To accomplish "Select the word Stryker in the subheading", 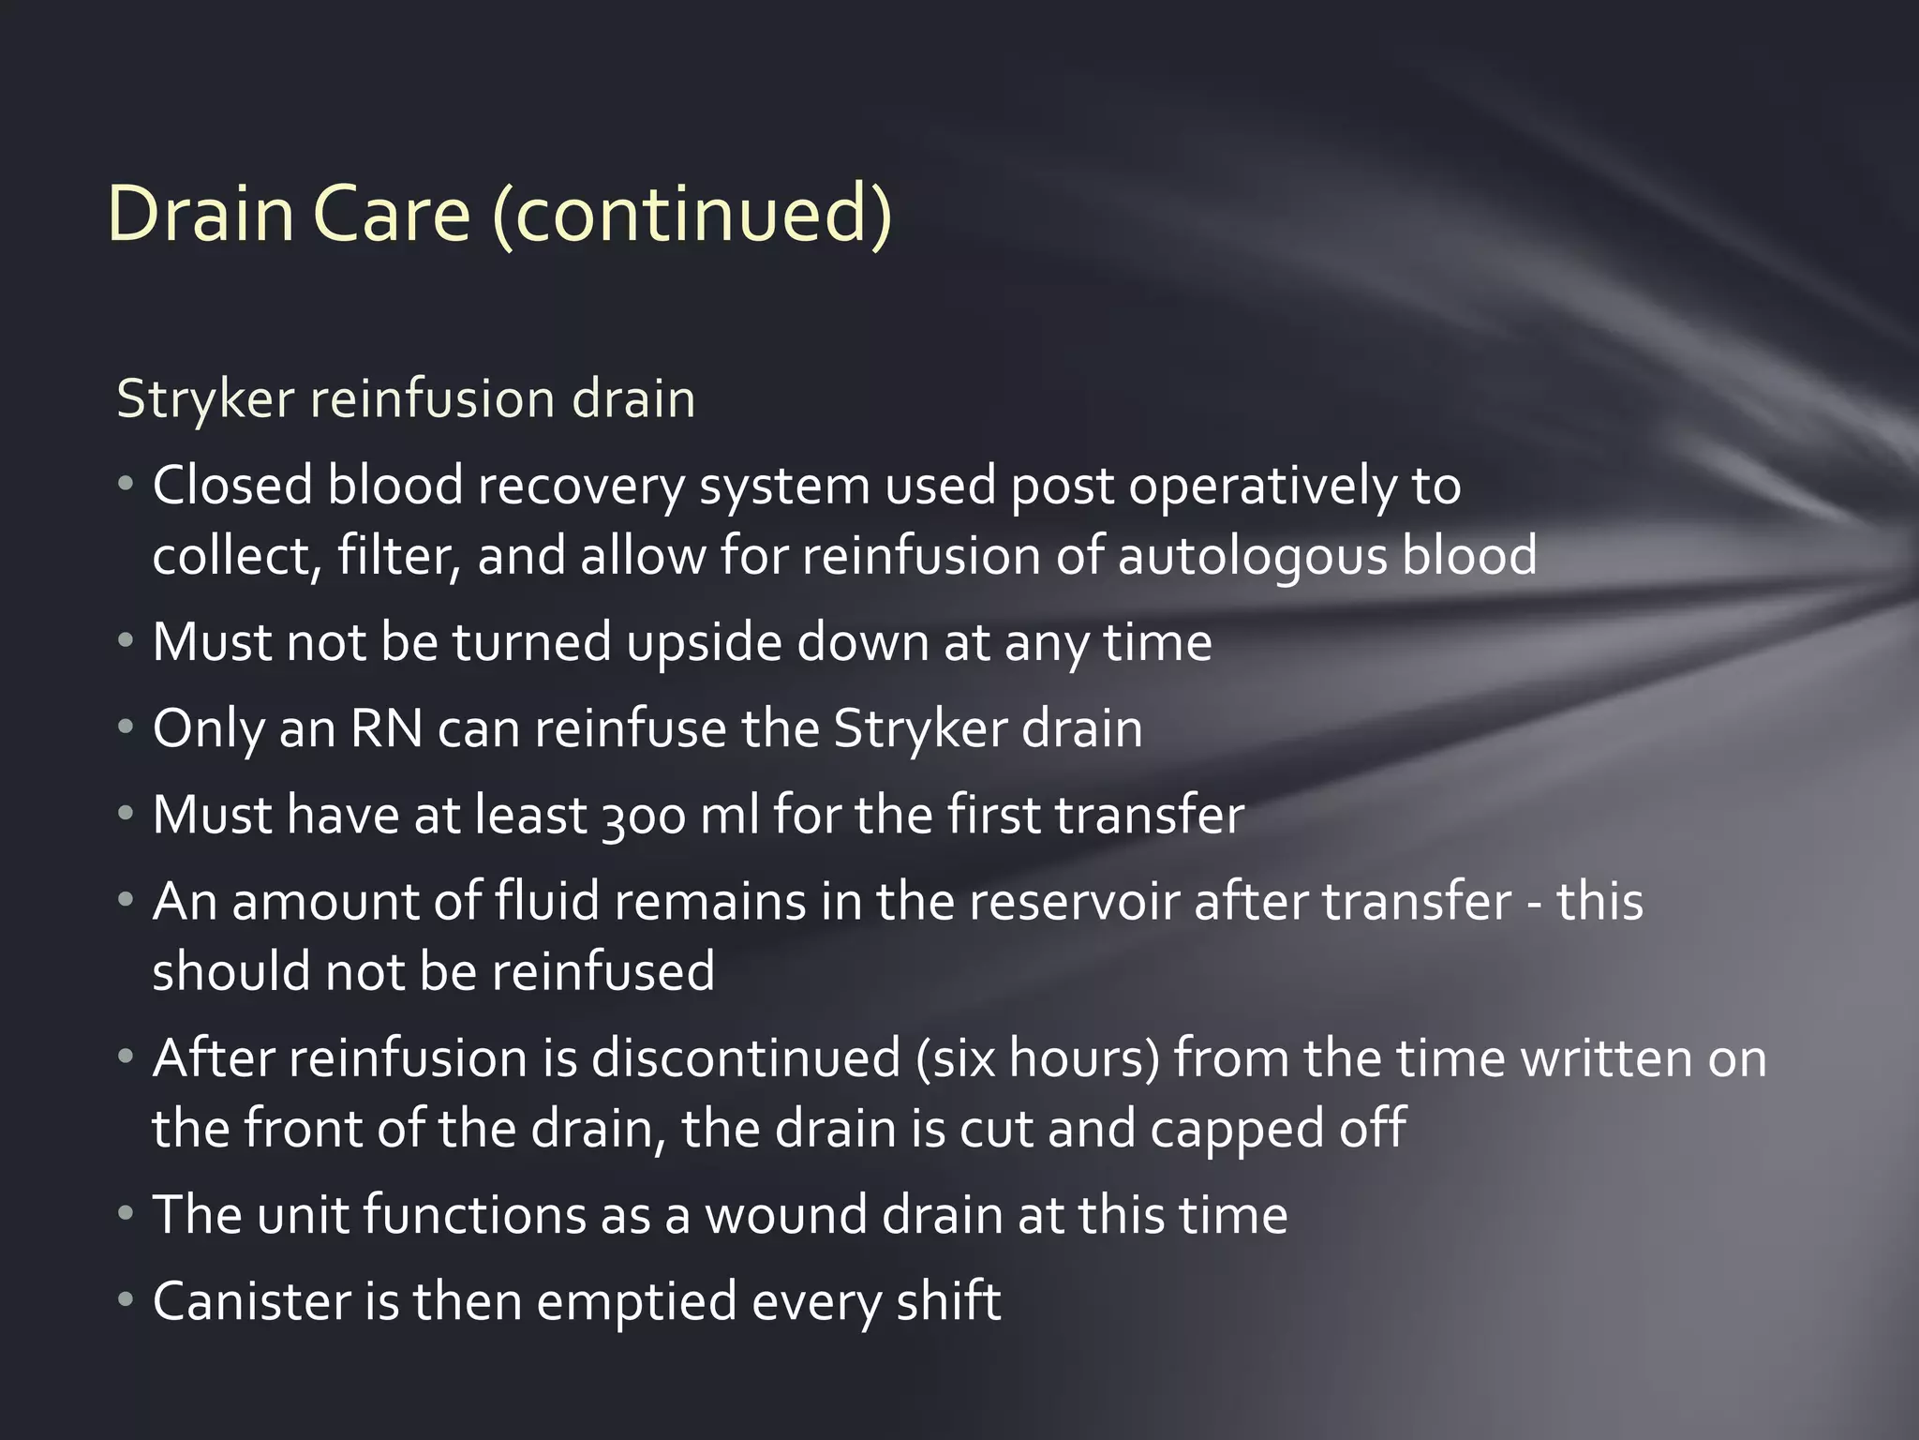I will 206,399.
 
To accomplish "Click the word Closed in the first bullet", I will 231,486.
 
